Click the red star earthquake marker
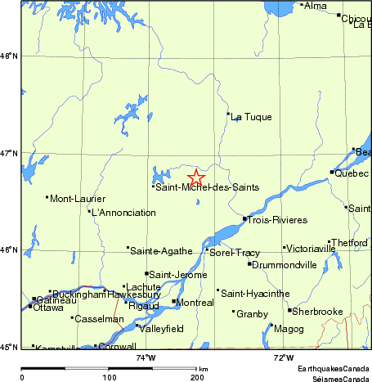(x=196, y=177)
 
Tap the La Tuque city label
(x=247, y=117)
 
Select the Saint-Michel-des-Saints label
(x=208, y=187)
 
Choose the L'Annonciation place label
(x=123, y=213)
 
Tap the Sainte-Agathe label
(x=162, y=250)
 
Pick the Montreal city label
(x=195, y=303)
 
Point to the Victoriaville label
(x=311, y=248)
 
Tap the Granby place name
(x=252, y=313)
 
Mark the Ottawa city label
(x=49, y=308)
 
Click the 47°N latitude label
(x=10, y=153)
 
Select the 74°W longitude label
(x=146, y=357)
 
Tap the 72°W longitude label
(x=284, y=357)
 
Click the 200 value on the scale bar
(x=196, y=377)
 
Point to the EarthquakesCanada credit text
(x=332, y=370)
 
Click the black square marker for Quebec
(x=332, y=173)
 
